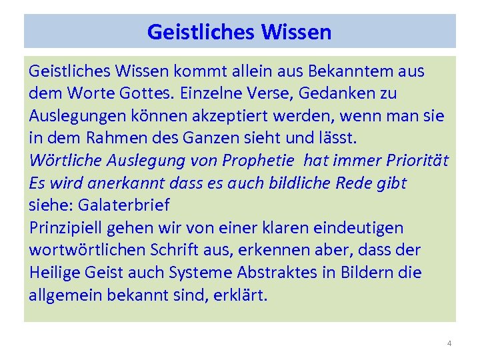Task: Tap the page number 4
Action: coord(449,343)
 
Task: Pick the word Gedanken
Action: coord(341,93)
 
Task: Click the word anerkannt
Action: coord(105,183)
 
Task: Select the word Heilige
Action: coord(56,273)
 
